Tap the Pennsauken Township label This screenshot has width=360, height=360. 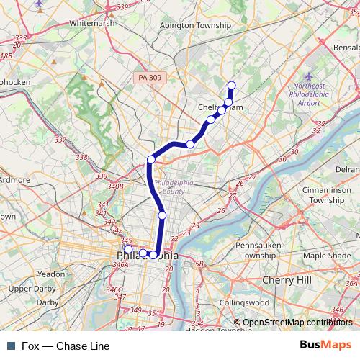256,250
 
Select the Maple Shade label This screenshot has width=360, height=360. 327,256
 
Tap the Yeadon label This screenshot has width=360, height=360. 51,274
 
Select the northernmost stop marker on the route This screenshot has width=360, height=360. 232,86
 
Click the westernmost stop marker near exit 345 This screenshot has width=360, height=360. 129,249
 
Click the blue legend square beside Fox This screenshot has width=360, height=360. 10,346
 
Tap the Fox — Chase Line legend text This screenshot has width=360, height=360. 65,346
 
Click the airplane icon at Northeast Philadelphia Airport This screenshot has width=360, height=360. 309,76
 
